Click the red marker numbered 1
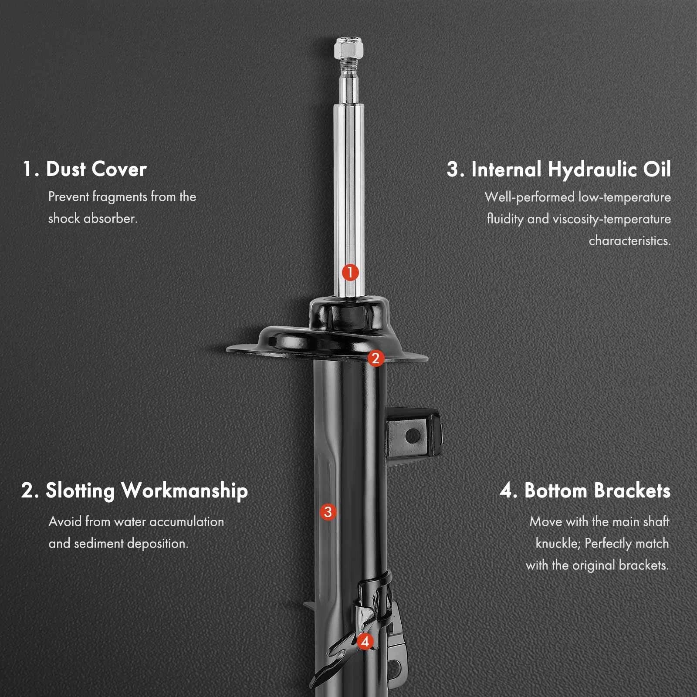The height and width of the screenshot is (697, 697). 350,273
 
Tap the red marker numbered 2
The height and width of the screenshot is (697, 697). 376,359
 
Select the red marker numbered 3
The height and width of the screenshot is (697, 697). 328,511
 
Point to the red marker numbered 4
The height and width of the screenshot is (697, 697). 365,641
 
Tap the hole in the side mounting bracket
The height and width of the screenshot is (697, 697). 412,435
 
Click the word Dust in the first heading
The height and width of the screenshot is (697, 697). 65,169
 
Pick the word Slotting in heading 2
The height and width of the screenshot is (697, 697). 80,491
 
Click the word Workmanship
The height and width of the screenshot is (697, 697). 185,491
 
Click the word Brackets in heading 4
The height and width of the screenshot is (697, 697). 632,491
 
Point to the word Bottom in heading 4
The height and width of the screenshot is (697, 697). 556,491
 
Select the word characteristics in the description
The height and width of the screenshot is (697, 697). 630,240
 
